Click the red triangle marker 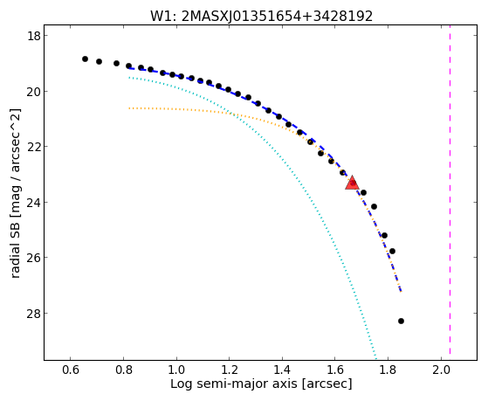click(x=353, y=183)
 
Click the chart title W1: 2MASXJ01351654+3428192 click(x=261, y=17)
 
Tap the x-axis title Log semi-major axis click(x=261, y=384)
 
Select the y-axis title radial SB click(x=16, y=193)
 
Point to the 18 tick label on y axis click(x=33, y=36)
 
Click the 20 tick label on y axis click(x=33, y=91)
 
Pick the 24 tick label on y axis click(x=33, y=202)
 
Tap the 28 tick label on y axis click(x=33, y=313)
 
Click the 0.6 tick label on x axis click(x=71, y=370)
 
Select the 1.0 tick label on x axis click(x=176, y=370)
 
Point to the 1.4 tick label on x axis click(x=282, y=370)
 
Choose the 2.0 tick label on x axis click(x=441, y=370)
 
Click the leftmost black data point click(x=85, y=59)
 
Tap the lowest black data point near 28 click(x=401, y=321)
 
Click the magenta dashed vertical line click(x=450, y=192)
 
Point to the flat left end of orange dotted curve click(x=129, y=108)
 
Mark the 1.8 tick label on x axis click(x=388, y=370)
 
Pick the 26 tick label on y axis click(x=33, y=258)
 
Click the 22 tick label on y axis click(x=33, y=147)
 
